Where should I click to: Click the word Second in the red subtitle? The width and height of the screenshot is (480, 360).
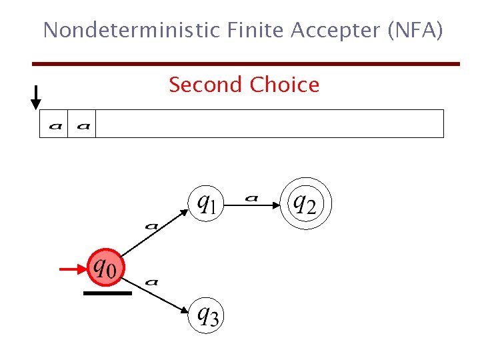[205, 85]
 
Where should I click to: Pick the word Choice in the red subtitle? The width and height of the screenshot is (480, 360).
[285, 85]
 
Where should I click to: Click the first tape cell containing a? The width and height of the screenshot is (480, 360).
[53, 124]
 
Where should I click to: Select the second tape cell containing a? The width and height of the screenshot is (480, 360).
[83, 124]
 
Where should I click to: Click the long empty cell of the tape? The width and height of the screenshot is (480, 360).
[269, 124]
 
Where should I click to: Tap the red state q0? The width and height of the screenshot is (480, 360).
[107, 267]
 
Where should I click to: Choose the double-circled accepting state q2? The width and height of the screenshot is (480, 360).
[305, 202]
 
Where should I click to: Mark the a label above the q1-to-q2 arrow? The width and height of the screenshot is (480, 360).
[251, 197]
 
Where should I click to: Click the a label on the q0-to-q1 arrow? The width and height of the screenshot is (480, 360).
[151, 226]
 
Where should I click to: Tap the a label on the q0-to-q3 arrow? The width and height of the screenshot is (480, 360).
[151, 282]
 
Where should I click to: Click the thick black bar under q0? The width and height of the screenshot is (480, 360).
[107, 293]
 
